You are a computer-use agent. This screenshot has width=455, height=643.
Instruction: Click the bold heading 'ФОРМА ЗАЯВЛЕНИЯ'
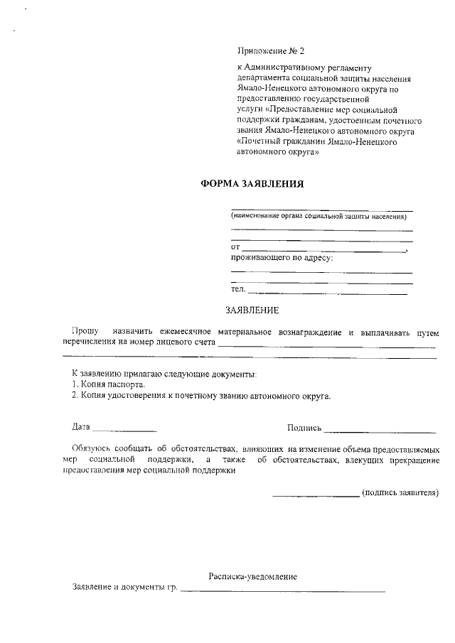[x=252, y=183]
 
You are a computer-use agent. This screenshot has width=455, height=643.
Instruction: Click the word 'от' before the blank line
[x=235, y=247]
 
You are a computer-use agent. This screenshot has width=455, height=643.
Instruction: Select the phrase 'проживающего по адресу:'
[x=282, y=257]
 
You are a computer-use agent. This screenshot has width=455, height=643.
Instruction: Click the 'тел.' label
[x=238, y=289]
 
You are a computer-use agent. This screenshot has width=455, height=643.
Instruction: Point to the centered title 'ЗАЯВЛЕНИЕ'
[x=252, y=310]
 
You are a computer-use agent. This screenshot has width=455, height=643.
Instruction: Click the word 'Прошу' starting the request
[x=85, y=332]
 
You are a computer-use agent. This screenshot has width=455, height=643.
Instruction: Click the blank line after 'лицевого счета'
[x=327, y=345]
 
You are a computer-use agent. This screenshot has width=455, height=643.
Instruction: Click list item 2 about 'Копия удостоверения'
[x=201, y=395]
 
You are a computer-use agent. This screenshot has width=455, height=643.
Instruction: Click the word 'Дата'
[x=81, y=427]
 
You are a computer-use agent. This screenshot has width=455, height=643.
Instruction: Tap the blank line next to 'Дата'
[x=124, y=431]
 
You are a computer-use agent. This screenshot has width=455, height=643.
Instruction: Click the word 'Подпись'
[x=304, y=428]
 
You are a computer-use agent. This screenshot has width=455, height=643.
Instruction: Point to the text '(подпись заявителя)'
[x=400, y=492]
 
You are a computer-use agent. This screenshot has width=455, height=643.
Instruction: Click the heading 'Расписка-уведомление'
[x=252, y=576]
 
